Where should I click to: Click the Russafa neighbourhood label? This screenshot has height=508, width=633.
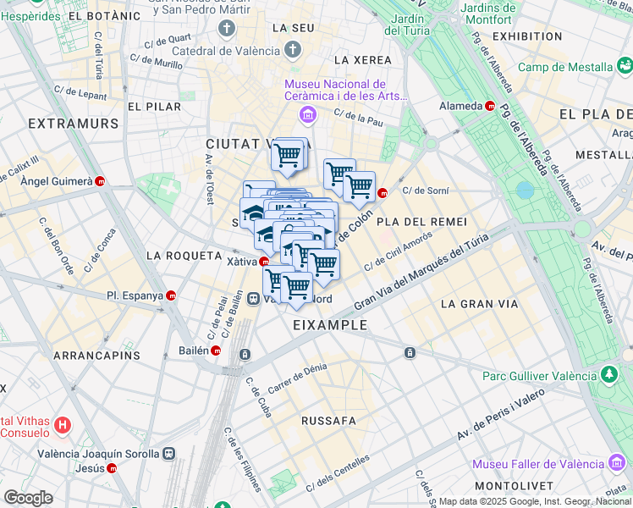tap(329, 419)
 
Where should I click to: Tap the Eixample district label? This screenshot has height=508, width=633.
tap(330, 324)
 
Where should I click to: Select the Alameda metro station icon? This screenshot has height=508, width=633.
tap(491, 106)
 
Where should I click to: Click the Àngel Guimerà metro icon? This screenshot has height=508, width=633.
tap(101, 181)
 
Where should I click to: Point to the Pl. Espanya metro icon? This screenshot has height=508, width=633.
tap(172, 296)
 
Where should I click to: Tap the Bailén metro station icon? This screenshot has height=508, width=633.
tap(216, 351)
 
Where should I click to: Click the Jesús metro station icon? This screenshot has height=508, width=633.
tap(113, 468)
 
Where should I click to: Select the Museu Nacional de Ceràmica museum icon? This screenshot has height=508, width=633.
tap(308, 114)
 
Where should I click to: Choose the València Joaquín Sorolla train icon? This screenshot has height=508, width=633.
tap(169, 453)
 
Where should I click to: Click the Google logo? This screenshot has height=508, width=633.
tap(28, 498)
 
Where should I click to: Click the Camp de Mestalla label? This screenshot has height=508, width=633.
tap(564, 67)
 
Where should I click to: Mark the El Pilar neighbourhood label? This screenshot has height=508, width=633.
tap(154, 107)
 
